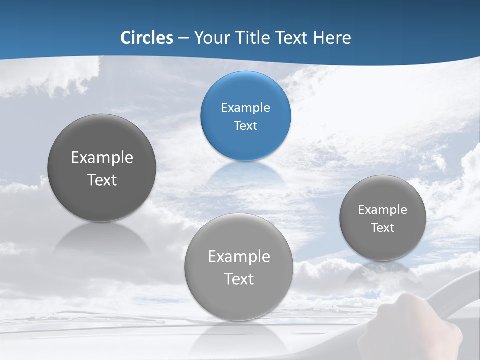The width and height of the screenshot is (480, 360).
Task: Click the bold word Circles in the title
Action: tap(147, 38)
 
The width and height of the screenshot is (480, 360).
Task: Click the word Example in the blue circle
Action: tap(245, 108)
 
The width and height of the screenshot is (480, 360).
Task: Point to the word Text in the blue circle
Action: tap(245, 126)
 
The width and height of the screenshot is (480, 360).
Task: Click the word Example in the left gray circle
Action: tap(102, 158)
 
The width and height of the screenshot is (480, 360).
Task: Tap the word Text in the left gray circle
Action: tap(102, 180)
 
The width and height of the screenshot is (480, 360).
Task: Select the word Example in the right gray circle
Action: tap(383, 210)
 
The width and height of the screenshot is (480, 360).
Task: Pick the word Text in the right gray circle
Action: tap(383, 228)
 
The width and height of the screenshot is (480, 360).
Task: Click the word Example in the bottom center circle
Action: tap(239, 257)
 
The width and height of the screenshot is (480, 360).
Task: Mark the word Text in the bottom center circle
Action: tap(239, 279)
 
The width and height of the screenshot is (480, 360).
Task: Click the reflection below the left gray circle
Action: tap(102, 240)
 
